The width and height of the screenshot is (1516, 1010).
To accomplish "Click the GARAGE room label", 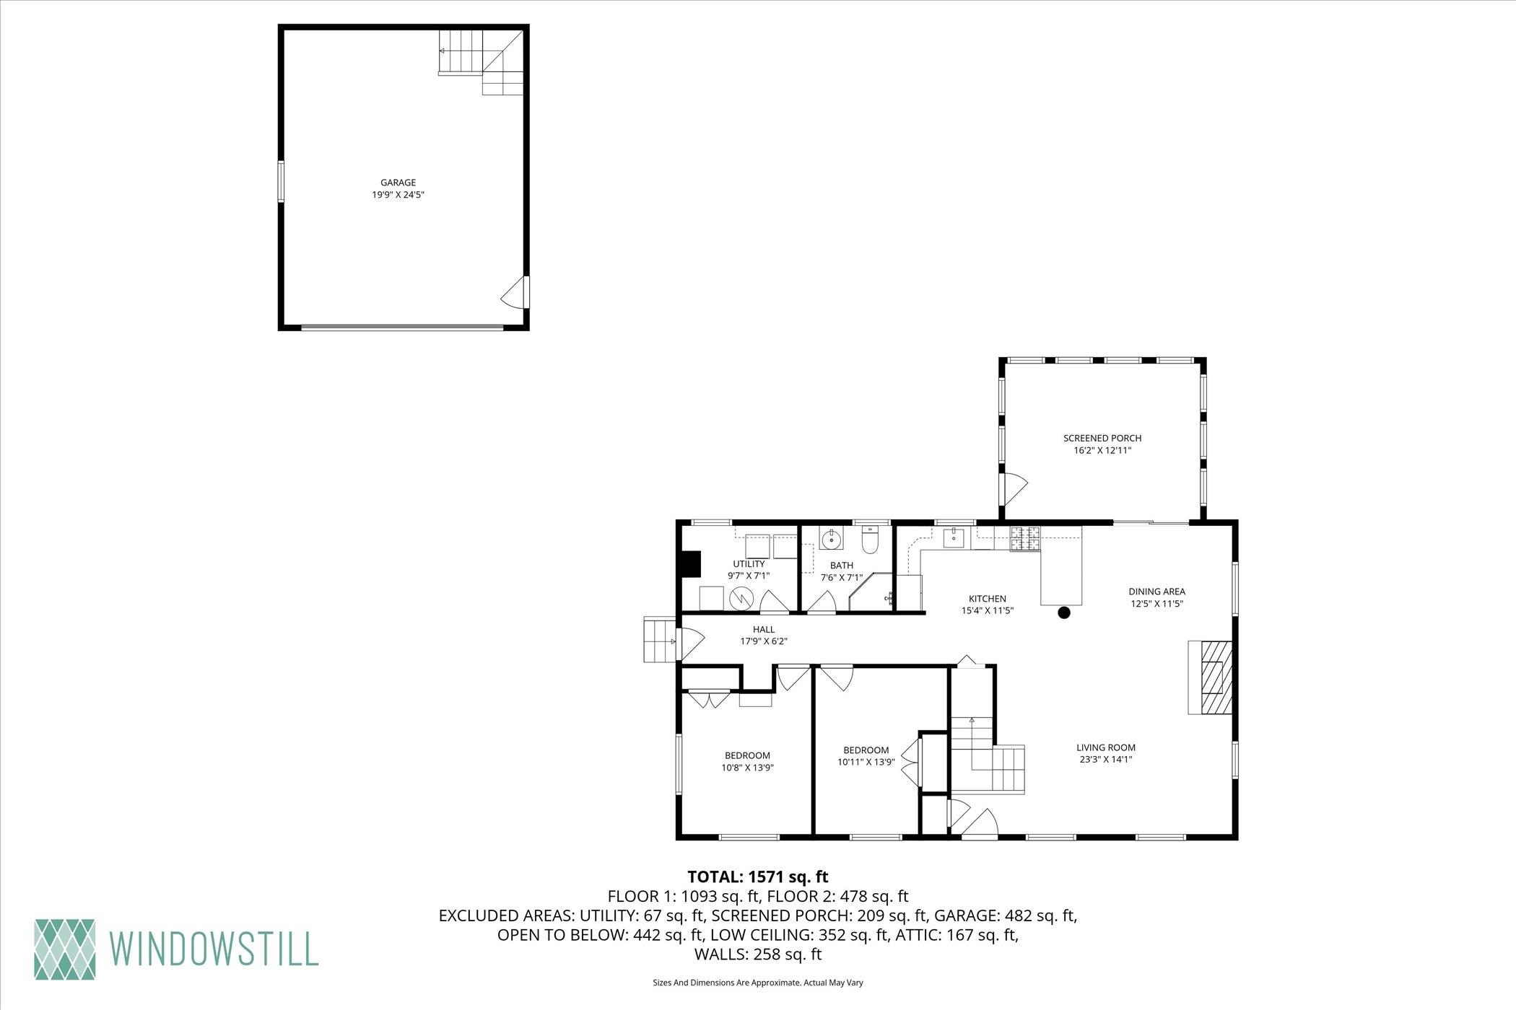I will [398, 183].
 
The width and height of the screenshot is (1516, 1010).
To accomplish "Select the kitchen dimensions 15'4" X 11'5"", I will [987, 610].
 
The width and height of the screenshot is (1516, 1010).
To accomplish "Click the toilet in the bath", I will [870, 541].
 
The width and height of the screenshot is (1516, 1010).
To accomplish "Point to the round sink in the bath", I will [831, 538].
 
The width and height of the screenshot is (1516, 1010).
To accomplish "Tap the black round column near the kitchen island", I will [1063, 613].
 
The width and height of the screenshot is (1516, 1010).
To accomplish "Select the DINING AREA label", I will [1156, 592].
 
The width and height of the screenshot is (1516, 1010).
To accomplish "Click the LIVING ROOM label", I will [1106, 747].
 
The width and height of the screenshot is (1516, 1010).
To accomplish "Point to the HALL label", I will [763, 630].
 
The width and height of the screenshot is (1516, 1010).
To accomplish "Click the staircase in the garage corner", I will [482, 62].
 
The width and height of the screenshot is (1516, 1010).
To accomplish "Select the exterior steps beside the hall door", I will [659, 639].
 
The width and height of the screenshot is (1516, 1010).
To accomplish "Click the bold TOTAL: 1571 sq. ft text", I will [757, 877].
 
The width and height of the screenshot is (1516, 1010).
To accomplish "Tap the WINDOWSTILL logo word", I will [214, 949].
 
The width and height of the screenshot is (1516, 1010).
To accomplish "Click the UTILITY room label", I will [749, 564].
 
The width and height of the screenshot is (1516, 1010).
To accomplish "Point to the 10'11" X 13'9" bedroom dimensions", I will [866, 762].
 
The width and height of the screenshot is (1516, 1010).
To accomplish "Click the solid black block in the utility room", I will [691, 563].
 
